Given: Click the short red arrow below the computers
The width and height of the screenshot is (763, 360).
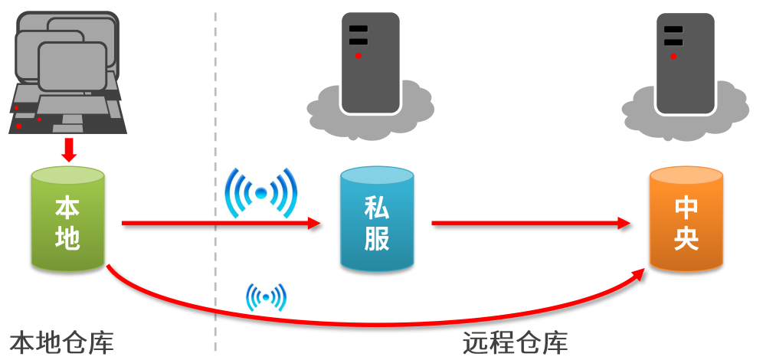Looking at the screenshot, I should (69, 149).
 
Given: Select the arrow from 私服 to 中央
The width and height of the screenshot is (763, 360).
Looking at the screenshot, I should (529, 224).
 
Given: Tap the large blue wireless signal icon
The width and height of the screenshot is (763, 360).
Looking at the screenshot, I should (260, 192).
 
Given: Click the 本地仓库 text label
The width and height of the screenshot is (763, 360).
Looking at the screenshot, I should (61, 342).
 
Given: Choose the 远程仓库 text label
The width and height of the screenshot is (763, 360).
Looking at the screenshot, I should (515, 342).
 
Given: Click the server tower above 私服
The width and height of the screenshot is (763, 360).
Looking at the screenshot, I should (370, 61).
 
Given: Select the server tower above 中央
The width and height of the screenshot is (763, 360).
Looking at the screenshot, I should (685, 61).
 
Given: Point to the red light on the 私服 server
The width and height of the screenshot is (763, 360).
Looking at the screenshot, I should (358, 56).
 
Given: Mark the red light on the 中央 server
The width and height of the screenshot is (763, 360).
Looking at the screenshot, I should (673, 56).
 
